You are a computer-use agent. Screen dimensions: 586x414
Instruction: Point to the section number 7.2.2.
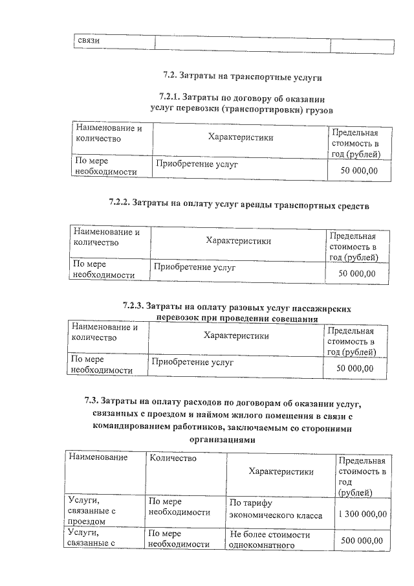[x=119, y=205]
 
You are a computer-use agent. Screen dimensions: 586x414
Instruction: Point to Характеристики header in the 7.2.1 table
[x=241, y=137]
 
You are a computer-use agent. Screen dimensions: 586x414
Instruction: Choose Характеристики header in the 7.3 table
[x=281, y=471]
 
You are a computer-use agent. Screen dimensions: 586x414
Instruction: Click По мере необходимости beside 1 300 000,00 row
[x=179, y=507]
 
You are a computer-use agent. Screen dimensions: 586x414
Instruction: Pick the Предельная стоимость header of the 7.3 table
[x=362, y=476]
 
